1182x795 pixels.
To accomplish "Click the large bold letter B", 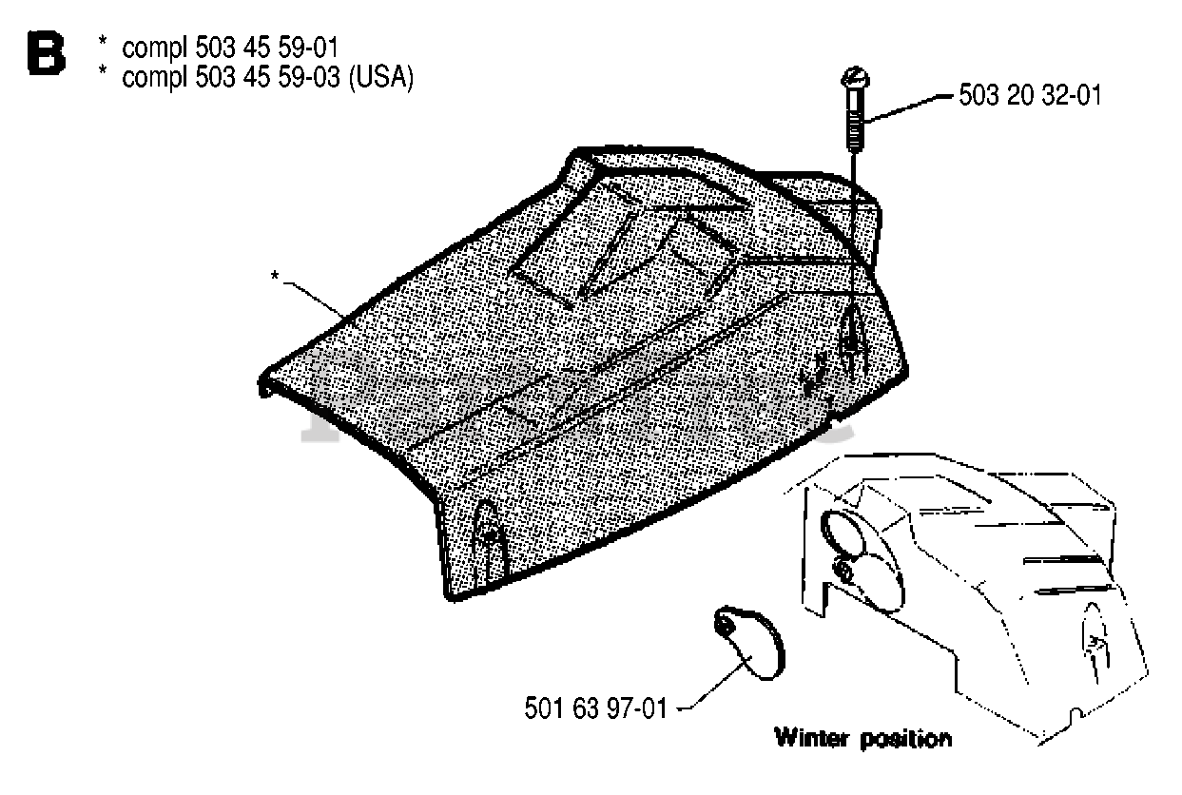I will [46, 54].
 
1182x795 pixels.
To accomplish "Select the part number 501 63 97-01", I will [596, 708].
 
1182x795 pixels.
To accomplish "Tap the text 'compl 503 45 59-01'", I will [229, 47].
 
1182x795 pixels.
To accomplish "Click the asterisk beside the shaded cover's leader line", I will [274, 276].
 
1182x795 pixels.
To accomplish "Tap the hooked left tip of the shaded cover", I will [264, 386].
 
